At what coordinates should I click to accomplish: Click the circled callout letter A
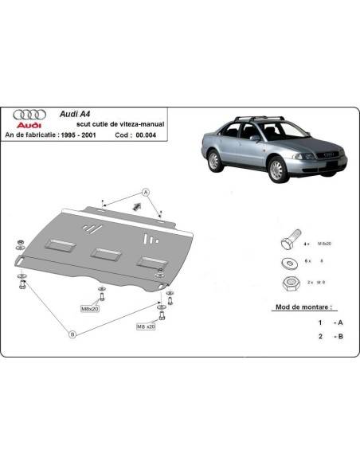tap(146, 192)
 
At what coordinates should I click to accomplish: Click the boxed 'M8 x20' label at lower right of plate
tap(146, 326)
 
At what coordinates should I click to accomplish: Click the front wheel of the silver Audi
tap(276, 169)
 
